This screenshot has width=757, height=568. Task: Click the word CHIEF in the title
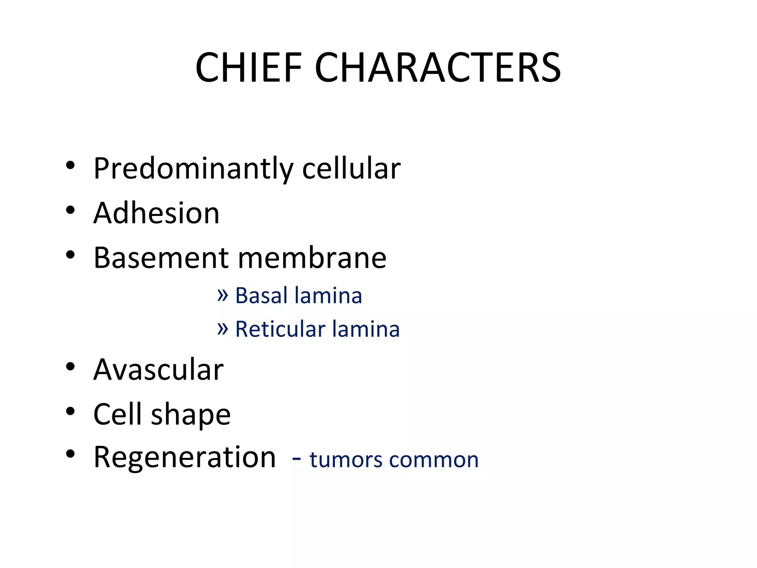(248, 68)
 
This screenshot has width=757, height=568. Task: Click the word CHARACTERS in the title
(438, 68)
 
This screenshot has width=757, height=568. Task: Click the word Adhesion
(156, 213)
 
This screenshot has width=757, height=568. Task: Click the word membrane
(312, 258)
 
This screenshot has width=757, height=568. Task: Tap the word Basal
(261, 295)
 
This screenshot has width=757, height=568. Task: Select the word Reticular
(280, 329)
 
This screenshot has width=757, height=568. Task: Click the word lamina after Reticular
(366, 329)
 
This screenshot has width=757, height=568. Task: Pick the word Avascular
(158, 369)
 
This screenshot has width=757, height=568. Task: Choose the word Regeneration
(184, 457)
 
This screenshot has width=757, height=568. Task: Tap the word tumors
(346, 460)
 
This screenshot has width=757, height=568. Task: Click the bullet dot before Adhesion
(70, 210)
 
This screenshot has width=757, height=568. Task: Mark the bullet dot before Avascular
(70, 366)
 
